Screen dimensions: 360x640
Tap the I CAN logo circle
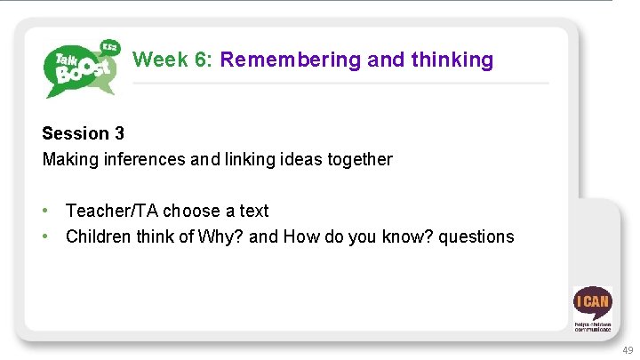592,302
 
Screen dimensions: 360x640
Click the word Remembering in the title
291,60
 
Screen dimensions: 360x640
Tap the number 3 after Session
119,133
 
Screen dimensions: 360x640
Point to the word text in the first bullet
253,211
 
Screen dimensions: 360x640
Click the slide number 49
627,350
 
